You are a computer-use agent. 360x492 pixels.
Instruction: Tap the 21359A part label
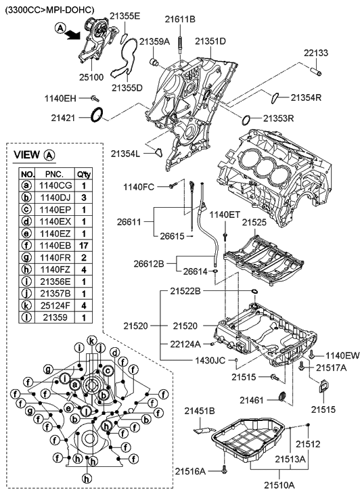155,41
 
